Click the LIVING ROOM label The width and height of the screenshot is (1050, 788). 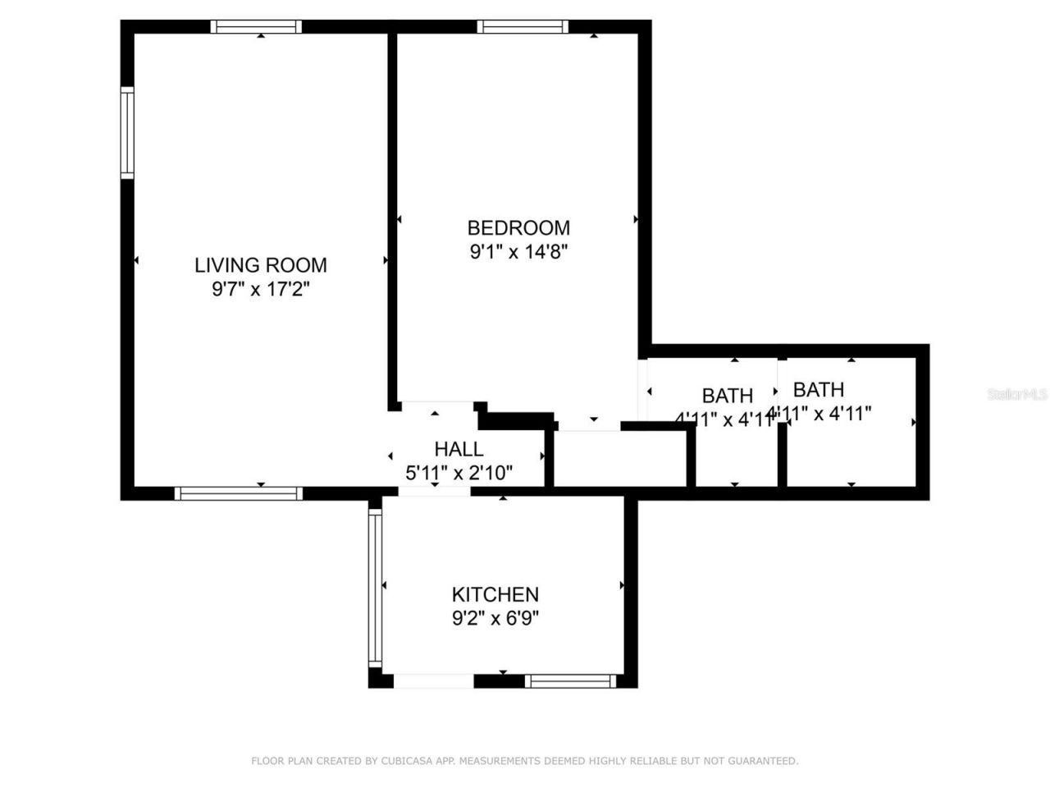260,265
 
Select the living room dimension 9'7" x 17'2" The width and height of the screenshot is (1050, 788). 260,289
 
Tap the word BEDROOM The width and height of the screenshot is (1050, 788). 518,227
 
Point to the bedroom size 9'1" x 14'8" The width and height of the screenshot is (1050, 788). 518,251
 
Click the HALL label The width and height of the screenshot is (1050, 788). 459,449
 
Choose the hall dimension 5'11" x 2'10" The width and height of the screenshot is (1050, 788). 459,473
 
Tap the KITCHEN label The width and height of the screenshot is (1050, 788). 495,593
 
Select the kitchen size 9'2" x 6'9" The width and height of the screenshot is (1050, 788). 495,617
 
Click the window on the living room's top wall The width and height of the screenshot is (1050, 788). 256,26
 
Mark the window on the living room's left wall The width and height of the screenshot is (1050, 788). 127,134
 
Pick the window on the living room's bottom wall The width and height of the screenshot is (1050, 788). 239,493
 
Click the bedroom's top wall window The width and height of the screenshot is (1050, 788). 523,26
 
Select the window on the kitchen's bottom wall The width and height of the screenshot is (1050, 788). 570,680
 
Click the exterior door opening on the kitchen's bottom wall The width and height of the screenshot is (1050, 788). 433,680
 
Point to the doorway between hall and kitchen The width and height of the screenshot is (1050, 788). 434,491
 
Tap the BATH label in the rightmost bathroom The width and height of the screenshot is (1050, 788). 818,389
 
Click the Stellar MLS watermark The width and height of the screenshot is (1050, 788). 1017,395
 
